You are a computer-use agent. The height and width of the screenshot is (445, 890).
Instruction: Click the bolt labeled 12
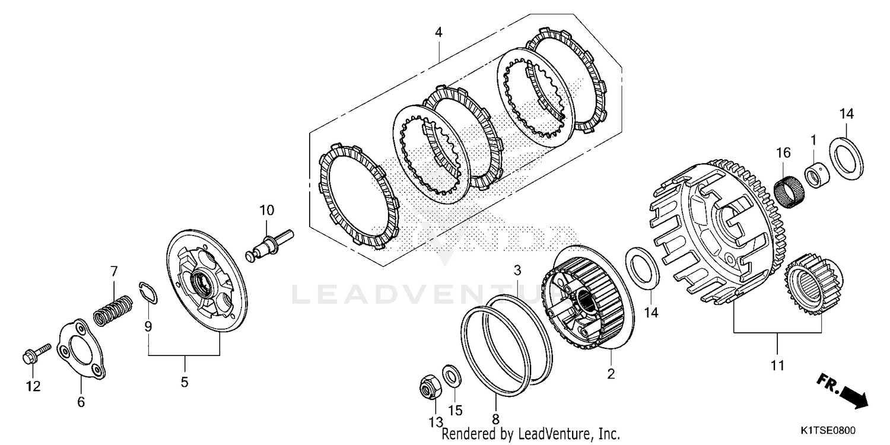click(37, 353)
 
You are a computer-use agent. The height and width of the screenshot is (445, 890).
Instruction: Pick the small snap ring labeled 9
click(148, 293)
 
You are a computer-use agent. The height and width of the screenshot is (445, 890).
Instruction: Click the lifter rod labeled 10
click(270, 246)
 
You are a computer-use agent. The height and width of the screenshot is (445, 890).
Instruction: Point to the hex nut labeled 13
click(431, 386)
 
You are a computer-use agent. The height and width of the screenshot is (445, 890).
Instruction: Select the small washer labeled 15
click(452, 375)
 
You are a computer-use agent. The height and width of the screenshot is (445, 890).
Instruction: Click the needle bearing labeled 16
click(789, 192)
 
